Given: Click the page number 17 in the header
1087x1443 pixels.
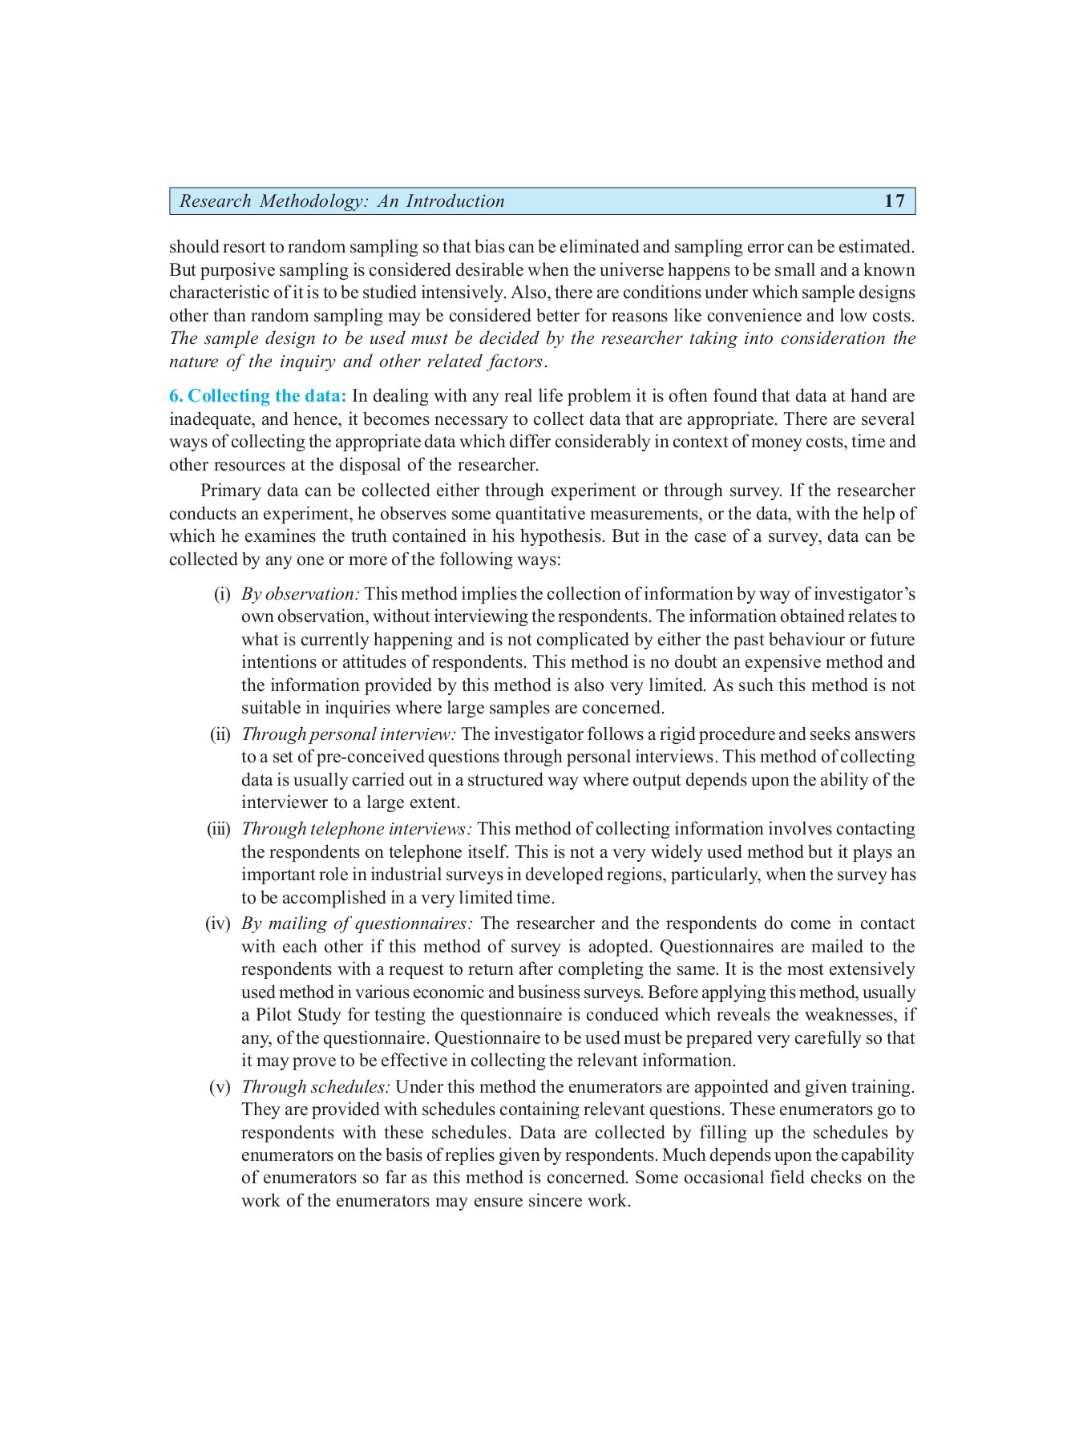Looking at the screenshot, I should pos(894,201).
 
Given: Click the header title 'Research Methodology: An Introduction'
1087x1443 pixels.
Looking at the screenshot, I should pos(341,201).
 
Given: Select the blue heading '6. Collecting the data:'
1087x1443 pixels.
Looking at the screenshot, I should pos(257,396).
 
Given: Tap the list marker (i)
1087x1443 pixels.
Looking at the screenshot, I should pos(222,594).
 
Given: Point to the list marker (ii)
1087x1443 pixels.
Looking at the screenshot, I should pos(220,734).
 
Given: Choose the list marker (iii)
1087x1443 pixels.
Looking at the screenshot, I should pos(219,829).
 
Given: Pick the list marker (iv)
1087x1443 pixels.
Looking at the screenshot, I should pos(218,924).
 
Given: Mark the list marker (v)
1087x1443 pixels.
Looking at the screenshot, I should pos(220,1087).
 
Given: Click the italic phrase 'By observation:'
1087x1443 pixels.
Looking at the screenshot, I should pos(301,594).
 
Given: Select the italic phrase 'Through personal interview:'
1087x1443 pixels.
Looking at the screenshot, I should pos(349,734).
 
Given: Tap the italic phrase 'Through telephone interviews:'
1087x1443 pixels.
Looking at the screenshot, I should pos(357,829).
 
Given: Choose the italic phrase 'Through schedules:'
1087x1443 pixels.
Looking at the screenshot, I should pos(316,1087).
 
